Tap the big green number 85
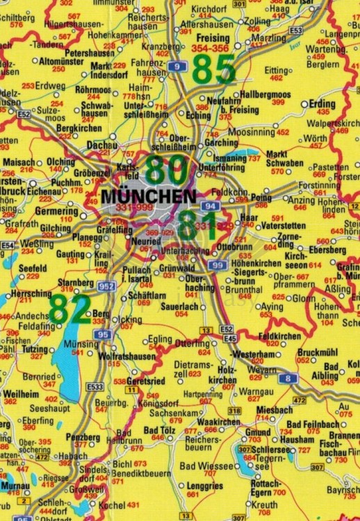tap(213, 69)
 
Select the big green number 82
tap(69, 309)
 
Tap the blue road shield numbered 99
tap(218, 265)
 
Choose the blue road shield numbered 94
tap(209, 206)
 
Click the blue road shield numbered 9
tap(179, 67)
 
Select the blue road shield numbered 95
tap(104, 335)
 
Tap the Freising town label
tap(213, 38)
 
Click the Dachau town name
tap(101, 144)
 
